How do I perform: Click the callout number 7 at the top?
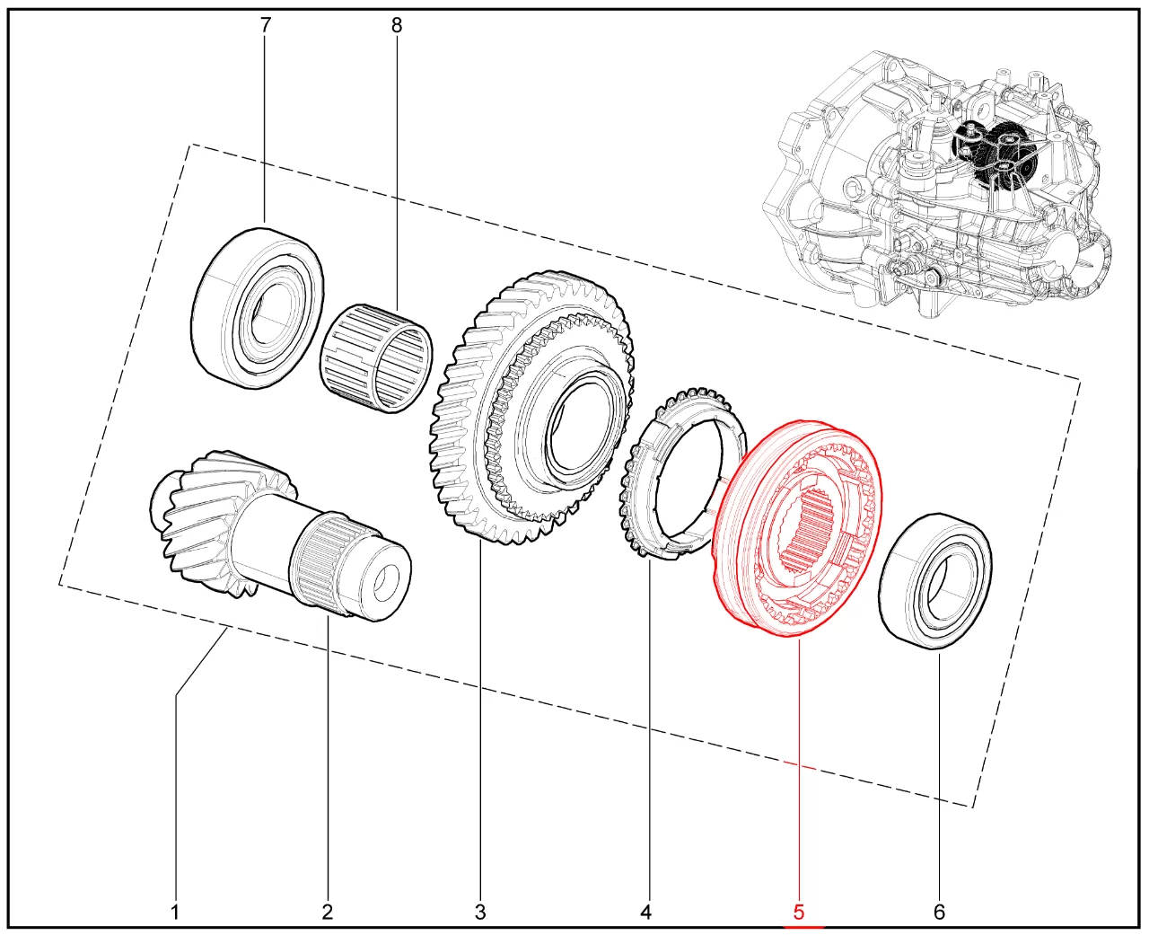click(265, 25)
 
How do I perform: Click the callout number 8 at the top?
click(397, 25)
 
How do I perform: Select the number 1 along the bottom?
click(175, 912)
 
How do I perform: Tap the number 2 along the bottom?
click(328, 912)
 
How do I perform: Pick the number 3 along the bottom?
click(480, 912)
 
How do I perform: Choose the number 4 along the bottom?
click(645, 912)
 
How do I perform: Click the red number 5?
click(799, 912)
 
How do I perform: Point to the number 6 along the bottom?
click(939, 912)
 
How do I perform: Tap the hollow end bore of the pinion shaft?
click(387, 583)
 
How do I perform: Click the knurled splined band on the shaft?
click(321, 561)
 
